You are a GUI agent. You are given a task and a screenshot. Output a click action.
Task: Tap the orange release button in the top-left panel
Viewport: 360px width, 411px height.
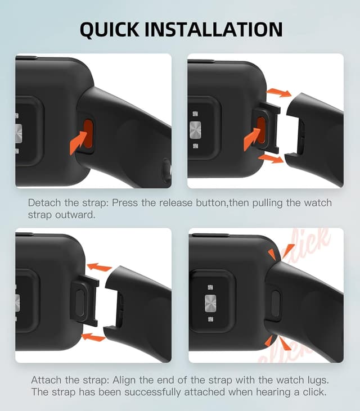point(87,133)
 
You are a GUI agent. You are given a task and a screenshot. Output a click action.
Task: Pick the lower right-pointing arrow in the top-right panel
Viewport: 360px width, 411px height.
point(272,160)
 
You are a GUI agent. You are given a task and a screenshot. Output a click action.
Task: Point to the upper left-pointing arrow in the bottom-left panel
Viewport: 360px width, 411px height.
point(100,267)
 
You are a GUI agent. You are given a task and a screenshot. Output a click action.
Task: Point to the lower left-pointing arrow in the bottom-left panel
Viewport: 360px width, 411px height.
point(93,337)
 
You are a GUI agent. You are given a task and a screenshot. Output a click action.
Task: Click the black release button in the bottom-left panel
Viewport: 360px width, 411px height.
point(79,301)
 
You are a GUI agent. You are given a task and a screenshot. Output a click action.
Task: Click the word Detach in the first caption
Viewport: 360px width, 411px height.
point(43,202)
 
